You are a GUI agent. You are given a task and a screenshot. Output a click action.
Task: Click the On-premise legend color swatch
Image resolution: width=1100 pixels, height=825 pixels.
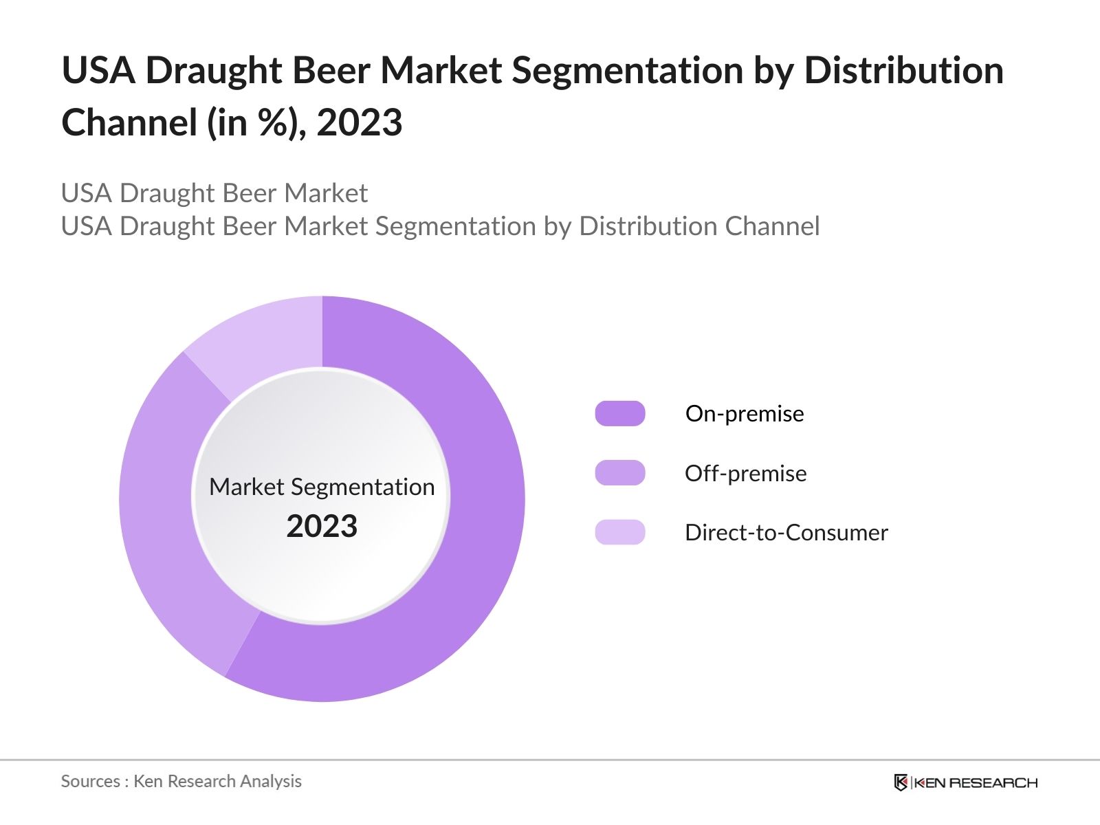point(619,414)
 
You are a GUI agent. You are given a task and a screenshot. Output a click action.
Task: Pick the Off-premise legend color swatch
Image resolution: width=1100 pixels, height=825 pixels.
point(619,473)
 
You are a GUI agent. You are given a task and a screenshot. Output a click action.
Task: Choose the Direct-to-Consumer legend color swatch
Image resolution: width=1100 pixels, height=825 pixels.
point(619,532)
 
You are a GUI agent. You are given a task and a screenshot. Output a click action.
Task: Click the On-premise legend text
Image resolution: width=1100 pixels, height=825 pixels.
point(745,414)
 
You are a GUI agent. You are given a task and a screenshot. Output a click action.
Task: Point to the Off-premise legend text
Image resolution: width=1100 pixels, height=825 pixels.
point(745,473)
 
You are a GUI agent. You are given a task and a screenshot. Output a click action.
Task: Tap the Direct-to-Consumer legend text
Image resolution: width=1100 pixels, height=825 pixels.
point(786,533)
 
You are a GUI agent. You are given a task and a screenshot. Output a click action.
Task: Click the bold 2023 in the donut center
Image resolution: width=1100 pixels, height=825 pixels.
point(322,527)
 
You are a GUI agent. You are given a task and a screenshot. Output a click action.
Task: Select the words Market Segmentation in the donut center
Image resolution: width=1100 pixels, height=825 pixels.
point(322,487)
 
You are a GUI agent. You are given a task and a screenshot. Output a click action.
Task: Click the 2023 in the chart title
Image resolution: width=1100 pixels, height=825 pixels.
point(359,123)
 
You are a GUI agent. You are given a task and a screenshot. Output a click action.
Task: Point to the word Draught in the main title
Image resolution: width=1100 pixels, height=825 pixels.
point(212,71)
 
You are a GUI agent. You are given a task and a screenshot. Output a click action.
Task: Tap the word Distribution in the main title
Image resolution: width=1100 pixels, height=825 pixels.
point(903,71)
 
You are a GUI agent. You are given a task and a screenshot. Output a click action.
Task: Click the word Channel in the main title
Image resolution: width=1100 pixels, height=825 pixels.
point(129,123)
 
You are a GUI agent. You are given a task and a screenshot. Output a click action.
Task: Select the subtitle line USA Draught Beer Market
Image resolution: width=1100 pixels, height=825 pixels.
point(214,193)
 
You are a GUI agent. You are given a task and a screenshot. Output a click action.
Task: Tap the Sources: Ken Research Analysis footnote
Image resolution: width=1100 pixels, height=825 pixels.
point(181,781)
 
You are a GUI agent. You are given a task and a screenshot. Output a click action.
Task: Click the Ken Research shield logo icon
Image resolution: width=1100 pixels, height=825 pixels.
point(901,782)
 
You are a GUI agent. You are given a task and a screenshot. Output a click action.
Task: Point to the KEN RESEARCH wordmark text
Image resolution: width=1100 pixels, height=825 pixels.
point(975,782)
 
